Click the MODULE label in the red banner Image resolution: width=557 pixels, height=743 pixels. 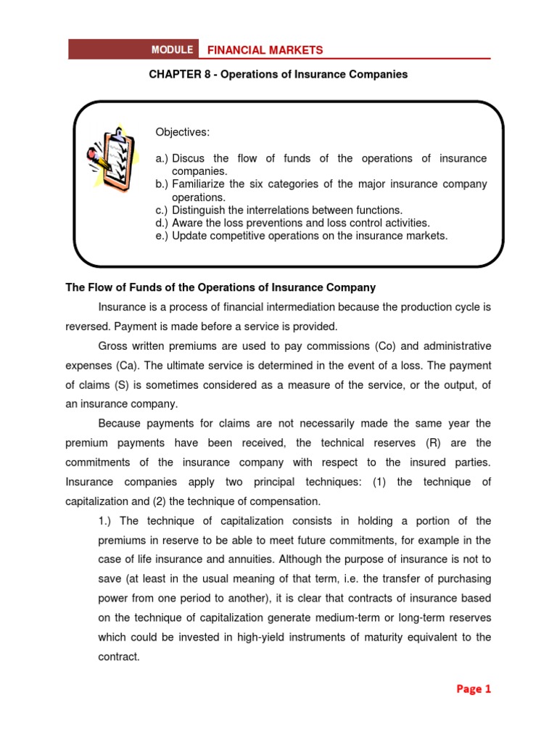[172, 49]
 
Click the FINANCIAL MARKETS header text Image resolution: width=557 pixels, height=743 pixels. [265, 49]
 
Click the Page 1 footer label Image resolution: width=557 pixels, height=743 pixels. [474, 689]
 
